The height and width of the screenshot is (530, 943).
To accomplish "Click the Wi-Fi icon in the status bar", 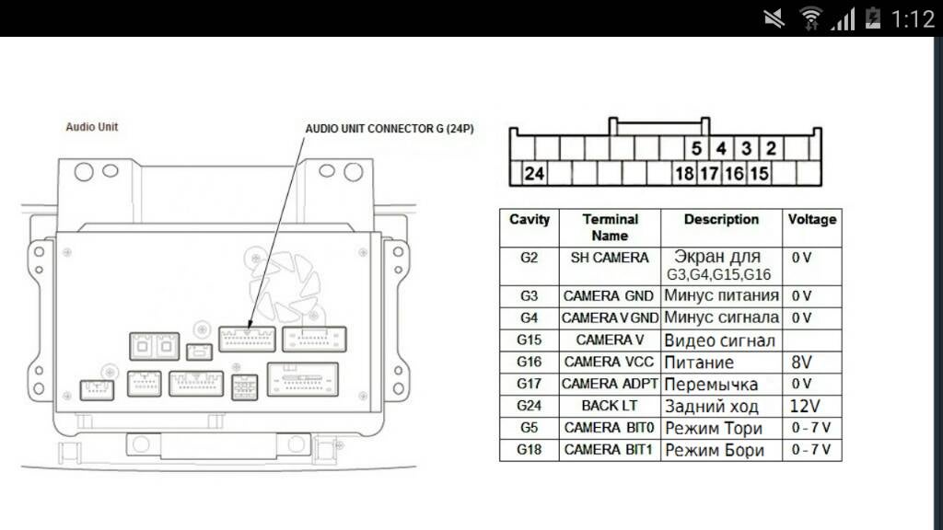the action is tap(810, 17).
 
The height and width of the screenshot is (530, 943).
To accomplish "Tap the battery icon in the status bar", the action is tap(873, 17).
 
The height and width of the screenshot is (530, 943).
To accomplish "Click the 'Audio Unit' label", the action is tap(92, 127).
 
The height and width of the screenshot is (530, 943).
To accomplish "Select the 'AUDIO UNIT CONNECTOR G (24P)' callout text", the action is tap(390, 129).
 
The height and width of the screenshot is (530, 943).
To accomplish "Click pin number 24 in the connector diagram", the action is tap(534, 173).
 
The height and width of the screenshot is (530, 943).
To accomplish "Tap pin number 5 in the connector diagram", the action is tap(696, 148).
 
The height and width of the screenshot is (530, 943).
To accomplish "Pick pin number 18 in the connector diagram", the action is tap(684, 173).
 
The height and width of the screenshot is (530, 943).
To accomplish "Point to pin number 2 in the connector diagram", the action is tap(771, 148).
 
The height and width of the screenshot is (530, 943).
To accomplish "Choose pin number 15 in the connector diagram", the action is tap(759, 173).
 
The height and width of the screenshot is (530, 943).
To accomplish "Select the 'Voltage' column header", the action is tap(811, 220).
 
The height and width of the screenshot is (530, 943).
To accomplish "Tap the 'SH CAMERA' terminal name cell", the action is tap(610, 259).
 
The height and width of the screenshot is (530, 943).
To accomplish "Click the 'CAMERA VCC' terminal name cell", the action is tap(610, 362).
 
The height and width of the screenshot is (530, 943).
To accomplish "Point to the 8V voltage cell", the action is tap(802, 362).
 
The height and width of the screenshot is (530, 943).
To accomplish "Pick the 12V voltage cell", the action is tap(804, 406).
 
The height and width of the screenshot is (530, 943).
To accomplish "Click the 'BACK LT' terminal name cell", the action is tap(610, 406).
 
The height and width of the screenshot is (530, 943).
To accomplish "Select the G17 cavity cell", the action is tap(529, 384).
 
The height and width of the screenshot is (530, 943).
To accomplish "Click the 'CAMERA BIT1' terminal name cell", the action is tap(610, 450).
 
